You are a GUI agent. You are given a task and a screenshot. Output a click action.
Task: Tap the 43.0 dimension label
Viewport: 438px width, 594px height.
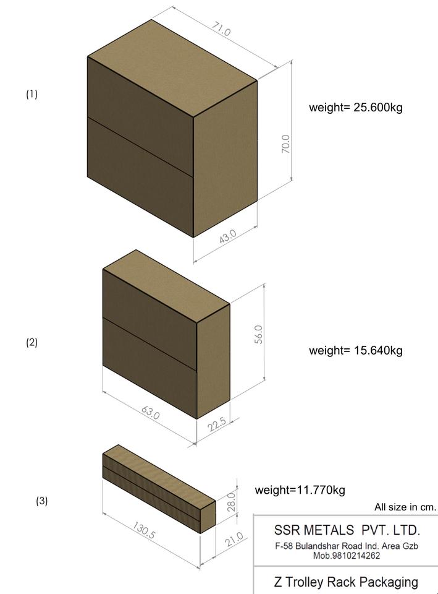(227, 236)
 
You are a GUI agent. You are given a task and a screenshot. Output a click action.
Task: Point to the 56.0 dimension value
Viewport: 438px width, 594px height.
(259, 334)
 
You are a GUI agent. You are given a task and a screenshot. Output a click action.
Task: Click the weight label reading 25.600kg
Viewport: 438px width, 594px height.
(356, 107)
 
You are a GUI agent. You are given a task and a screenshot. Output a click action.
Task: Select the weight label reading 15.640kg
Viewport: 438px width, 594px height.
(356, 350)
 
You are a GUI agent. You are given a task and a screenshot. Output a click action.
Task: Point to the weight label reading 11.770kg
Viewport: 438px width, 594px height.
(300, 490)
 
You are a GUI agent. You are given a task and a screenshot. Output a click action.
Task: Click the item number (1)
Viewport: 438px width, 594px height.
(32, 94)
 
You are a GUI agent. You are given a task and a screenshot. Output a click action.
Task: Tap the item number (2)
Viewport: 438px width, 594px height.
(32, 342)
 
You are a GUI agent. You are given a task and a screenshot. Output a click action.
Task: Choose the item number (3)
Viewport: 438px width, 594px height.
(41, 501)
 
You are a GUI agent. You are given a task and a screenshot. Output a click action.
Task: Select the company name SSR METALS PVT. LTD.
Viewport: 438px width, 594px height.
(347, 530)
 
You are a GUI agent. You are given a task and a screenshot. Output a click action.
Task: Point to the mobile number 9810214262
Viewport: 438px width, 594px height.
(347, 556)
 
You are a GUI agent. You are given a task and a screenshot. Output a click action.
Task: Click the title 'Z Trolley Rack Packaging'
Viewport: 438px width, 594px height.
(346, 582)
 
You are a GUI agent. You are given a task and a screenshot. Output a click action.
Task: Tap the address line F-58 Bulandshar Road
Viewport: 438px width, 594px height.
(347, 546)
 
